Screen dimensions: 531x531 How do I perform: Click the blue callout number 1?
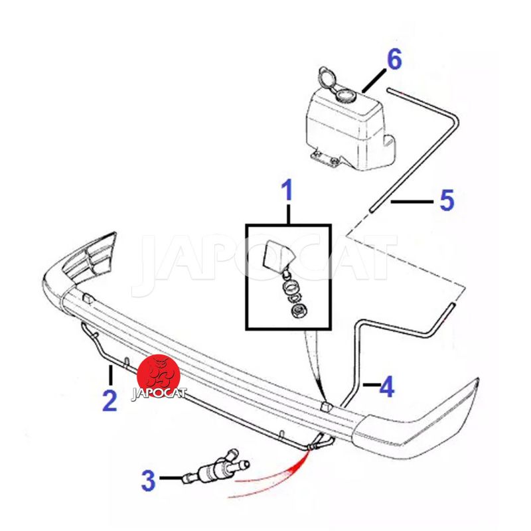pyautogui.click(x=287, y=190)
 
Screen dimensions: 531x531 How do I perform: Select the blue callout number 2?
pyautogui.click(x=110, y=401)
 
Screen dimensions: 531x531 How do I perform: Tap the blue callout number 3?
pyautogui.click(x=148, y=481)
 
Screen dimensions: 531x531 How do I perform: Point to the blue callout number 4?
pyautogui.click(x=387, y=387)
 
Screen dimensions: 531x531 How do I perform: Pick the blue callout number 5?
pyautogui.click(x=447, y=200)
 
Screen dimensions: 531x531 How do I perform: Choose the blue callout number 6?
pyautogui.click(x=394, y=59)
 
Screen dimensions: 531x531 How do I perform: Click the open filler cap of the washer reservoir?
pyautogui.click(x=327, y=78)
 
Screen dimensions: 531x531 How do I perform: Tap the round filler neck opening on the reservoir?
pyautogui.click(x=345, y=95)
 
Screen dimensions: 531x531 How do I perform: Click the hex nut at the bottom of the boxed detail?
pyautogui.click(x=297, y=311)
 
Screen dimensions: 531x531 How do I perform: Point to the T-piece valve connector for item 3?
pyautogui.click(x=217, y=468)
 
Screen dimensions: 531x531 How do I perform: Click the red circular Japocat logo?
pyautogui.click(x=158, y=376)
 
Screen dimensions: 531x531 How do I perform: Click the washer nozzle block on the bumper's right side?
pyautogui.click(x=326, y=407)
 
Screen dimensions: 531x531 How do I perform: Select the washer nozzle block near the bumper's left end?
pyautogui.click(x=88, y=298)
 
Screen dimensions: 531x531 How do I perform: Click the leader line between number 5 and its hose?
pyautogui.click(x=412, y=202)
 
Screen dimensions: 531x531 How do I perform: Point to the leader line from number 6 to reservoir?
pyautogui.click(x=374, y=80)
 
